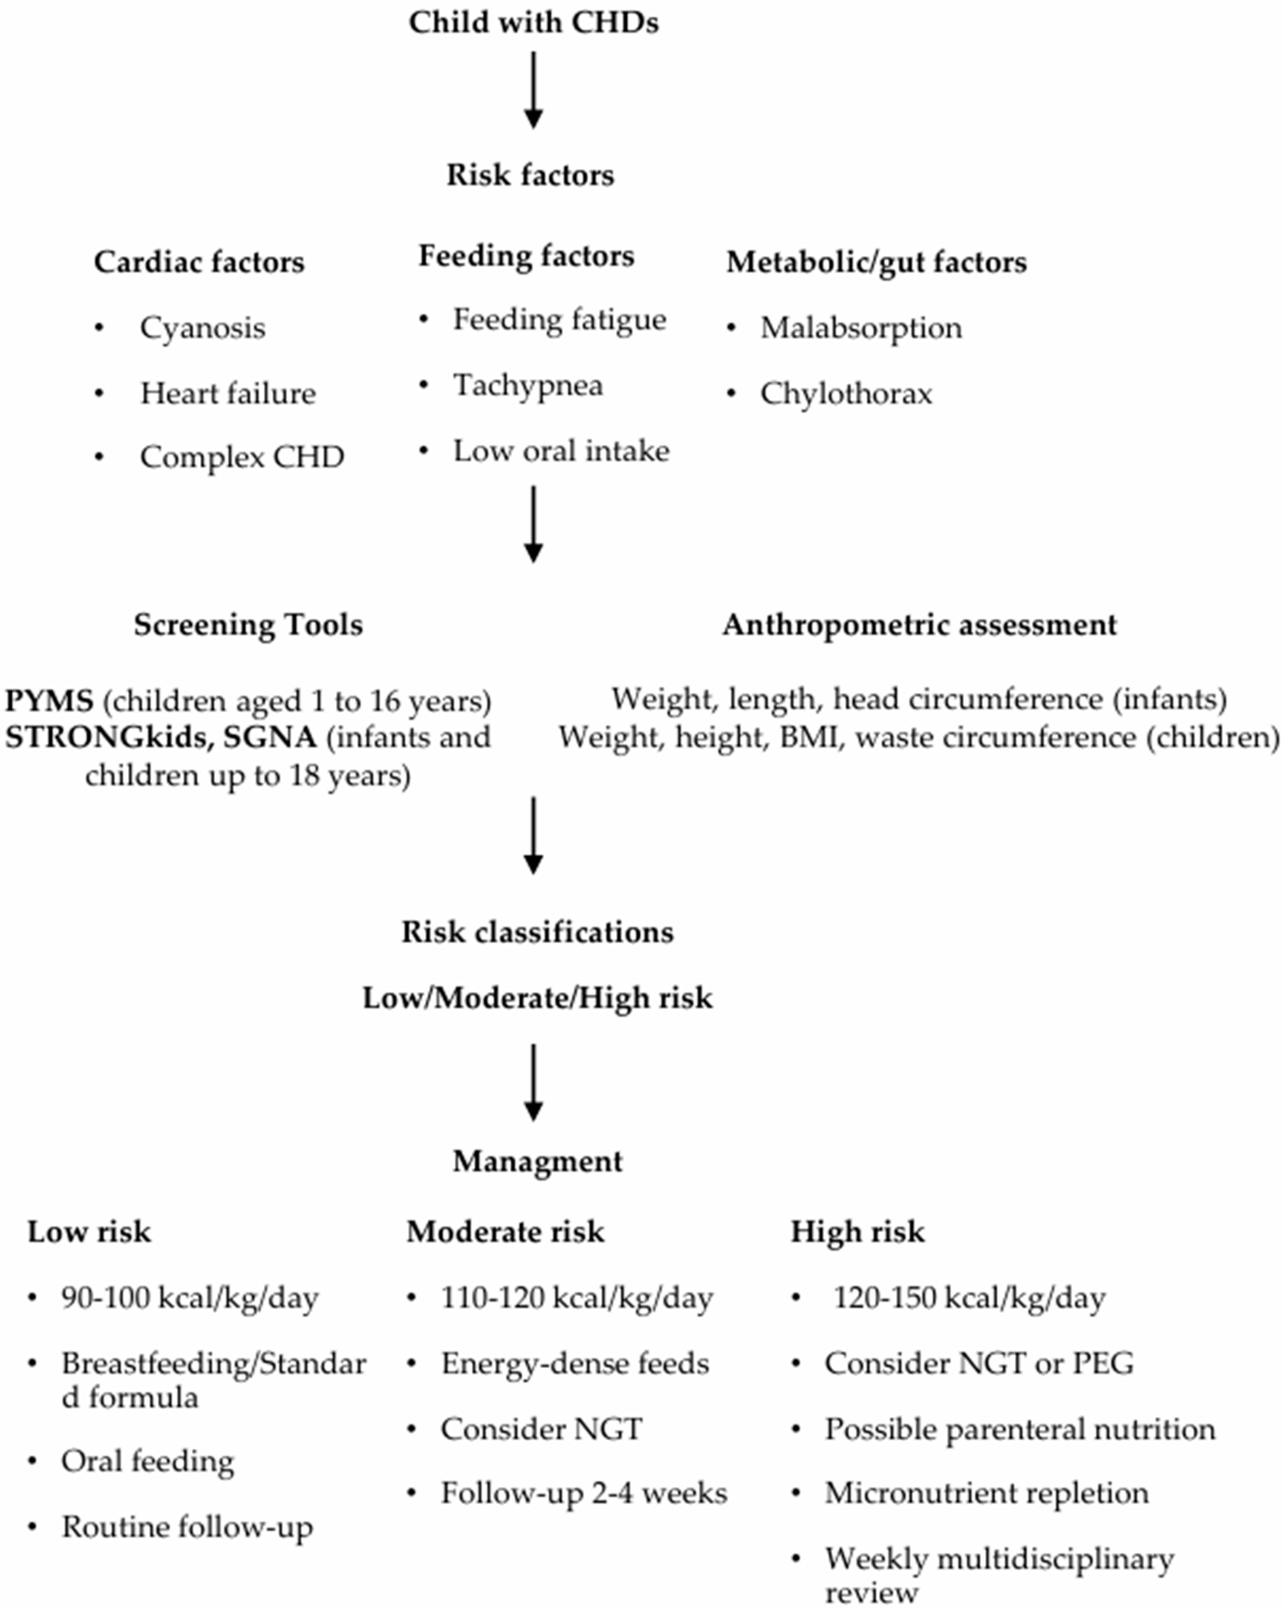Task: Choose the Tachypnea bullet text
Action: (x=528, y=386)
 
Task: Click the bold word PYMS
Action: (x=49, y=701)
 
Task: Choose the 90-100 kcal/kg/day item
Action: (x=190, y=1298)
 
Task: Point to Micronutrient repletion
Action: (x=986, y=1493)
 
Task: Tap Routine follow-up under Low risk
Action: (x=187, y=1527)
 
